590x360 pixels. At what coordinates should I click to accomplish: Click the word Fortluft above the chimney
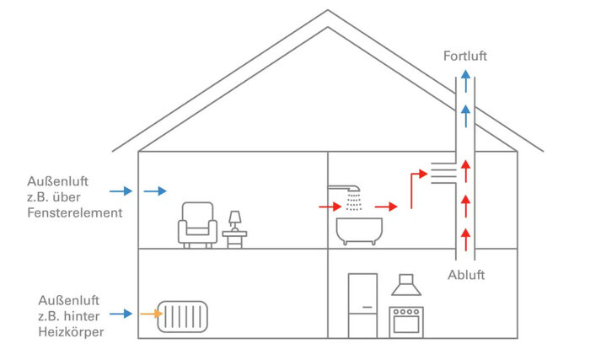click(x=464, y=56)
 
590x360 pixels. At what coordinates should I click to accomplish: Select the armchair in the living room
click(x=196, y=224)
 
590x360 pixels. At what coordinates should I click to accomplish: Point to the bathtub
click(x=358, y=230)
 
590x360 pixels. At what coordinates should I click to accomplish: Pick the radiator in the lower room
click(x=183, y=316)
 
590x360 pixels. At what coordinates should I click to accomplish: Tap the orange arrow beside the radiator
click(x=150, y=314)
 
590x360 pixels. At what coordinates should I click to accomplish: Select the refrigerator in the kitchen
click(x=363, y=305)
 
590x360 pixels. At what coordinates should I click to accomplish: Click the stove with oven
click(x=407, y=321)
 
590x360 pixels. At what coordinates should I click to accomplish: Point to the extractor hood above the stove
click(x=407, y=287)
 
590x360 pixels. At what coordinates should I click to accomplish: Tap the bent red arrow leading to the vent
click(x=415, y=188)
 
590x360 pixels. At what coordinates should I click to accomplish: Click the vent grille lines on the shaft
click(x=443, y=174)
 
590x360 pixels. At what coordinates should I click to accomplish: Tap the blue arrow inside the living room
click(x=154, y=191)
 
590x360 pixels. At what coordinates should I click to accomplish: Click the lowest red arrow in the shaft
click(x=464, y=234)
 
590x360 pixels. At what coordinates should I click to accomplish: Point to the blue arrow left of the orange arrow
click(x=121, y=314)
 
